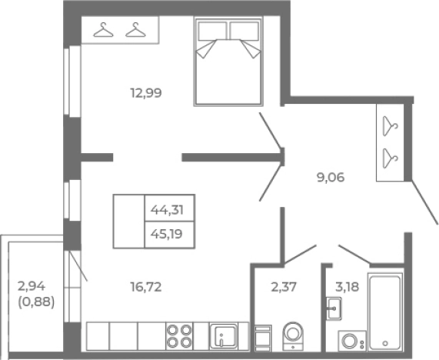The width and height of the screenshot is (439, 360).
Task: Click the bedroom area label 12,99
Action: pyautogui.click(x=146, y=93)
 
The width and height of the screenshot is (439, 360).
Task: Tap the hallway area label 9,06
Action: pyautogui.click(x=331, y=178)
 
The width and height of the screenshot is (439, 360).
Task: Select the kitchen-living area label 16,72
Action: pyautogui.click(x=146, y=287)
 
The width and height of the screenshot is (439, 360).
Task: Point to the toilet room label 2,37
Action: pyautogui.click(x=284, y=287)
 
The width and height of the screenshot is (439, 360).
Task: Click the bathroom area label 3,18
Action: pyautogui.click(x=347, y=287)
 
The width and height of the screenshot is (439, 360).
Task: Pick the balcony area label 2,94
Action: pyautogui.click(x=32, y=286)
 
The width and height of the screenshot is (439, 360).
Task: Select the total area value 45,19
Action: pyautogui.click(x=167, y=234)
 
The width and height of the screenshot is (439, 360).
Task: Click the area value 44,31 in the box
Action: pyautogui.click(x=167, y=209)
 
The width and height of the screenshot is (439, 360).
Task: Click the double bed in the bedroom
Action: pyautogui.click(x=228, y=62)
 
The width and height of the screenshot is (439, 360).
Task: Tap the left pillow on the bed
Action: pyautogui.click(x=212, y=31)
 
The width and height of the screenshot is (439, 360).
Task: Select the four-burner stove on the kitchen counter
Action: pyautogui.click(x=179, y=336)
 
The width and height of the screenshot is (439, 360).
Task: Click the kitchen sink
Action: pyautogui.click(x=224, y=336)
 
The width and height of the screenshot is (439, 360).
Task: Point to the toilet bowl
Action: pyautogui.click(x=293, y=335)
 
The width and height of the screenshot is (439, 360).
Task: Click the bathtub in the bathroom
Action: pyautogui.click(x=385, y=312)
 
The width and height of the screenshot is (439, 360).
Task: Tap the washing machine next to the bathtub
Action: pyautogui.click(x=352, y=341)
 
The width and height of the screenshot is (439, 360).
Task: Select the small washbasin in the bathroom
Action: pyautogui.click(x=334, y=308)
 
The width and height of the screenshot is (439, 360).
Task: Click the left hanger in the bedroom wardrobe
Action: pyautogui.click(x=103, y=30)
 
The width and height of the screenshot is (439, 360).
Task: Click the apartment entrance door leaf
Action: pyautogui.click(x=424, y=202)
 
